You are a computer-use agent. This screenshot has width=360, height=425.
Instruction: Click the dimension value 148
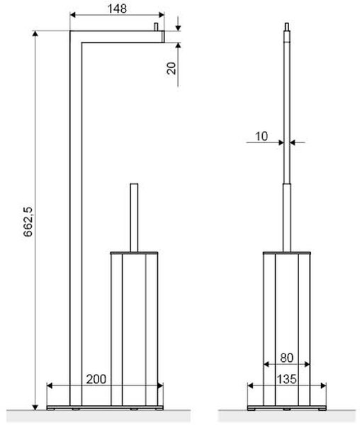click(117, 8)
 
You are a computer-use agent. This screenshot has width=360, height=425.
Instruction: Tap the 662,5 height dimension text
click(28, 222)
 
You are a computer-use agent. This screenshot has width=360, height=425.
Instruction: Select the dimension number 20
click(171, 68)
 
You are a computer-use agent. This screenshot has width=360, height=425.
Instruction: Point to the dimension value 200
click(96, 379)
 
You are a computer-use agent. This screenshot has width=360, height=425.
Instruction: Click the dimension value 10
click(261, 136)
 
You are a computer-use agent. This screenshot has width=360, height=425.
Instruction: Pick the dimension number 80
click(286, 358)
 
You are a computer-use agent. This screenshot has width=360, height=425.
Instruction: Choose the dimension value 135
click(286, 379)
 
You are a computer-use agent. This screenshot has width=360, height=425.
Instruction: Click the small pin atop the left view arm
click(156, 27)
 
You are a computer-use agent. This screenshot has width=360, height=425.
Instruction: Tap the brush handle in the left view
click(134, 218)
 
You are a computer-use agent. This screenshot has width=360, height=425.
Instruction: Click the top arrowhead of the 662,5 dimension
click(35, 33)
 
